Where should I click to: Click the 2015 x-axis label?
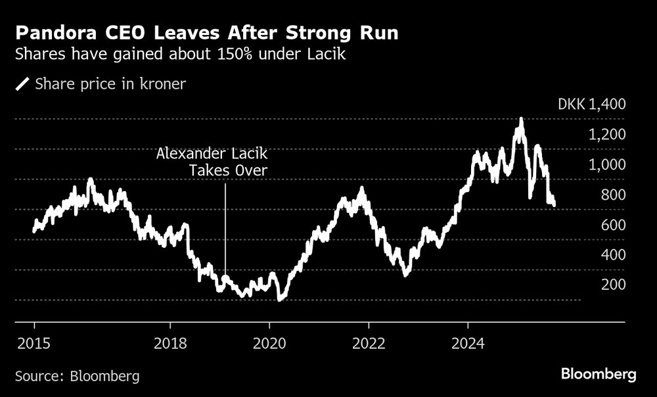34,343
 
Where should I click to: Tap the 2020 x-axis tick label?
269,343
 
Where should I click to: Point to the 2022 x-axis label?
369,343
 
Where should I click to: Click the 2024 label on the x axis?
468,343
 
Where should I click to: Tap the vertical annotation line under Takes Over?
225,230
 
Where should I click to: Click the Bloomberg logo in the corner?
599,375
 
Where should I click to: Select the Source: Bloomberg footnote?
78,376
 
